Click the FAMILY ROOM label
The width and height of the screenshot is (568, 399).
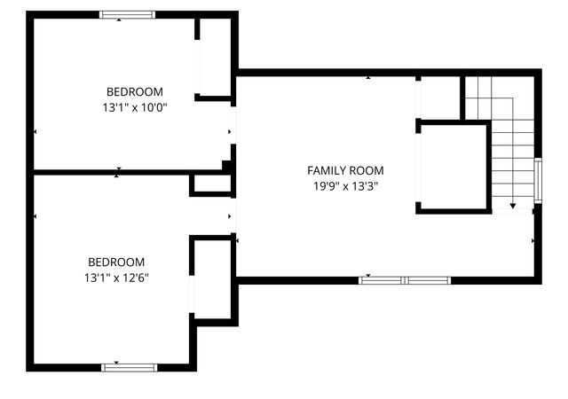[346, 170]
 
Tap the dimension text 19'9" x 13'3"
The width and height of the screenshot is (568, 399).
[346, 186]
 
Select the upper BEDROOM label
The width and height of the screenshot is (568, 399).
[135, 91]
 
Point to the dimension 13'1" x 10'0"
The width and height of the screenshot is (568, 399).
[135, 107]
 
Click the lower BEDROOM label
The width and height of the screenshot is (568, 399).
[115, 262]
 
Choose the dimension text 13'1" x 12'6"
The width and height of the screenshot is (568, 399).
[115, 278]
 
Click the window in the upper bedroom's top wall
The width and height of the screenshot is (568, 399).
[127, 14]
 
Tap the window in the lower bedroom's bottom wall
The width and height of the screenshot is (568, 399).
[129, 366]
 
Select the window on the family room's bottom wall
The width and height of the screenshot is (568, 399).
[405, 280]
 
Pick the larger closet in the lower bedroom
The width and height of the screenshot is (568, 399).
[213, 279]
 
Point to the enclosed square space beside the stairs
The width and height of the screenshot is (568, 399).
[453, 168]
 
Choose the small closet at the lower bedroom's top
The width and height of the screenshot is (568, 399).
[211, 184]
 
